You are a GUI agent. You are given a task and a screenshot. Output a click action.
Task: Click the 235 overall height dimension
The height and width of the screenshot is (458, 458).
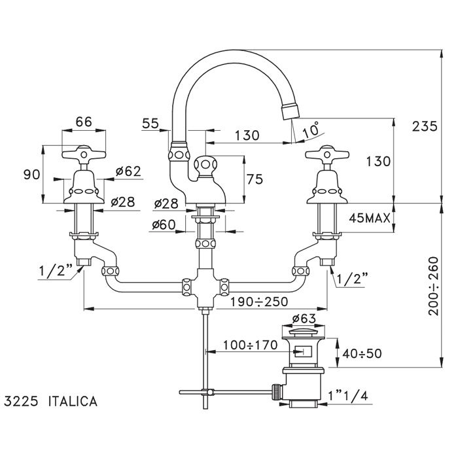point(425,127)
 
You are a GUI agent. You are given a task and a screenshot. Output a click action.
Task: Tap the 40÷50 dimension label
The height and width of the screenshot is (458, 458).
point(362,353)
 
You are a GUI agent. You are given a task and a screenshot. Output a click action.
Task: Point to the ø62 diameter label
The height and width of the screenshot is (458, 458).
point(128,171)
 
